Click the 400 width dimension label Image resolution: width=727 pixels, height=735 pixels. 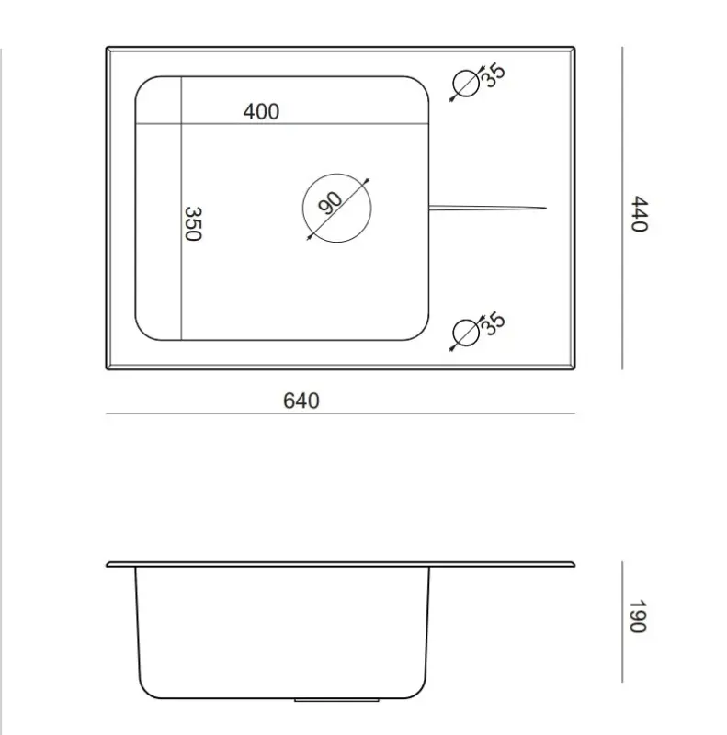(261, 112)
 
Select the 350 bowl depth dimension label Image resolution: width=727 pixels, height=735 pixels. (192, 223)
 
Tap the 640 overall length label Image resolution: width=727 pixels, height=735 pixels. (301, 401)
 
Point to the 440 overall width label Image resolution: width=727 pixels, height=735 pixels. (639, 214)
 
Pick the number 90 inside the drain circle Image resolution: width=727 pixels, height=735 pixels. (331, 200)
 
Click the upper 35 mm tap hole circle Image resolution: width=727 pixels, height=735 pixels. (466, 85)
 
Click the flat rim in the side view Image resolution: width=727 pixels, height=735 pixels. (340, 564)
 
